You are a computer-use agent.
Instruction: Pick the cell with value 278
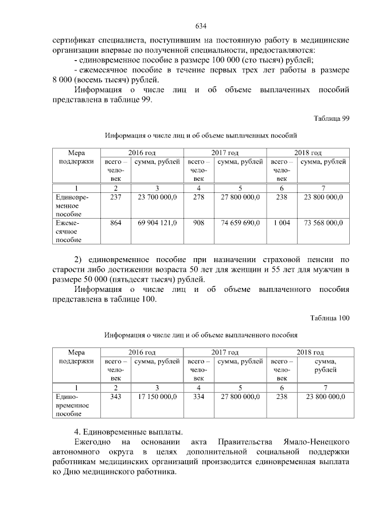(199, 197)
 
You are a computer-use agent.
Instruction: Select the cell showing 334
(199, 396)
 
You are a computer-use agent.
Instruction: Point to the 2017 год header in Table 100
(225, 352)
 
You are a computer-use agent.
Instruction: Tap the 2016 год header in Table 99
(142, 153)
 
